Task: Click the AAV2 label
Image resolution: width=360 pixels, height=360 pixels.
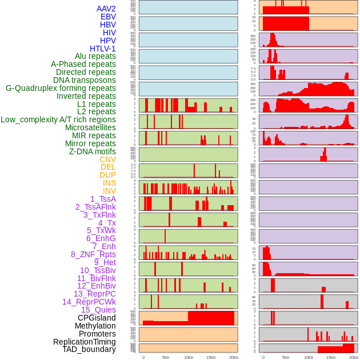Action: coord(106,9)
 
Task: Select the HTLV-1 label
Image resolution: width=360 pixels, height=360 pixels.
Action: coord(103,49)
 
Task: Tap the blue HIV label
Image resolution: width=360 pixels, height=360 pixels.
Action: coord(109,33)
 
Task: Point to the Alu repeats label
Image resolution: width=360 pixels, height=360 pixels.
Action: coord(95,56)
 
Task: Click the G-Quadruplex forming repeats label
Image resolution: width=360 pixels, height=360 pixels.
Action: coord(61,88)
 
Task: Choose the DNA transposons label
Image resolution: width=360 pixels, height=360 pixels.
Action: coord(85,80)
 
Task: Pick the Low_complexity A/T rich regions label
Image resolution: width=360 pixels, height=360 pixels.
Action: coord(58,119)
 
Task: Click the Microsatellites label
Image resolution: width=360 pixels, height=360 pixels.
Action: coord(90,127)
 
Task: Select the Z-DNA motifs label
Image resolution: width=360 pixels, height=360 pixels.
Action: coord(93,151)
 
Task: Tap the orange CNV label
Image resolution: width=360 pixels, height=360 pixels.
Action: coord(107,159)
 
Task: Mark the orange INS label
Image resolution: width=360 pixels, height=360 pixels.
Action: coord(109,183)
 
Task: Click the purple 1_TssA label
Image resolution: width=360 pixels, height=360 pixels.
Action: coord(103,199)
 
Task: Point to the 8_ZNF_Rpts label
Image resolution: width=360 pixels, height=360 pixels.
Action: coord(93,254)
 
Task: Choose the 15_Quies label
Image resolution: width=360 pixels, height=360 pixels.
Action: coord(98,310)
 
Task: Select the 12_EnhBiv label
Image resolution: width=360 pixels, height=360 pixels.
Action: coord(97,286)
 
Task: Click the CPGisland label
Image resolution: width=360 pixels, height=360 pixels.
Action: coord(97,318)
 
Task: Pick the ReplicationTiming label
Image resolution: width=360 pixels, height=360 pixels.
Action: coord(84,342)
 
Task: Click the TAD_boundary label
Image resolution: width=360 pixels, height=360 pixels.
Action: coord(89,349)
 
